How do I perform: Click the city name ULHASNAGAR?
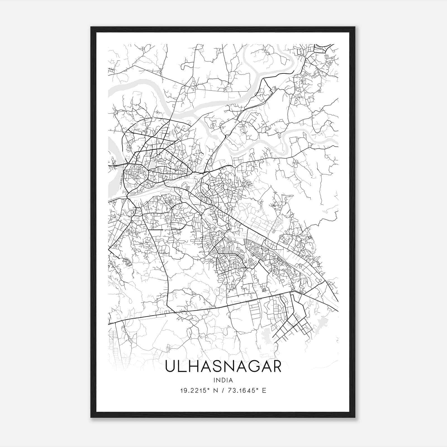(x=223, y=366)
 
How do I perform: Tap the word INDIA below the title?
(x=223, y=380)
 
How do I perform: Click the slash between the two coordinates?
(x=222, y=391)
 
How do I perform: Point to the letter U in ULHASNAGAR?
(x=171, y=366)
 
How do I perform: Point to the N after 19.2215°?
(x=215, y=391)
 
